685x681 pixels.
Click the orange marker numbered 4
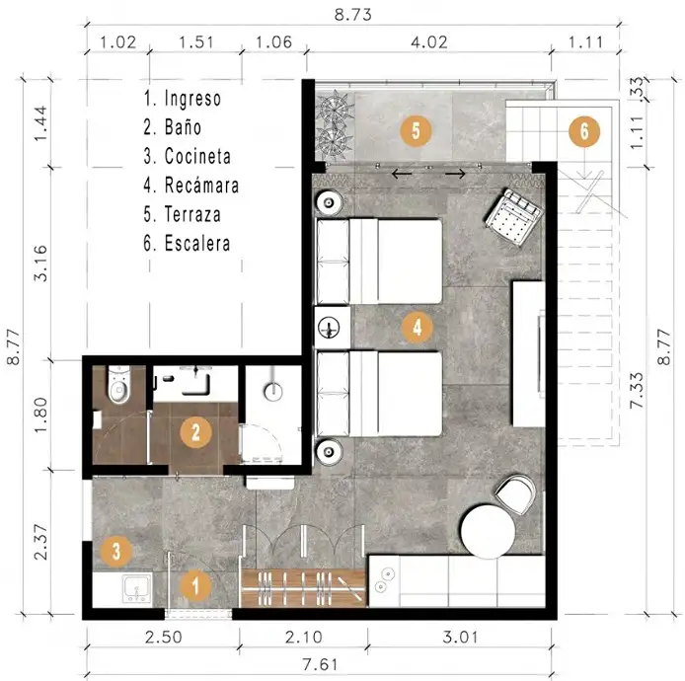coord(418,327)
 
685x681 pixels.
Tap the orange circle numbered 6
coord(584,131)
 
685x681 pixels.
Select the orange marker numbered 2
coord(195,432)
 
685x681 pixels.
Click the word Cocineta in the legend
coord(197,156)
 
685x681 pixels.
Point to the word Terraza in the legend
coord(192,214)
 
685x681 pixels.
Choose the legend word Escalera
coord(197,244)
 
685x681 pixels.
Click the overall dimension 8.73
coord(353,15)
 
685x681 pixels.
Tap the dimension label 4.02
coord(429,42)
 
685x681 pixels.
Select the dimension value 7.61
coord(320,664)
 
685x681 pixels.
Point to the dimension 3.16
coord(40,263)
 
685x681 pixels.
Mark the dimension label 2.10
coord(304,637)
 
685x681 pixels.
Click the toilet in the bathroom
coord(118,384)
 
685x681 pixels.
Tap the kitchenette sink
coord(137,588)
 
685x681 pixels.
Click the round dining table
coord(489,532)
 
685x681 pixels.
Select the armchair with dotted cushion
coord(513,216)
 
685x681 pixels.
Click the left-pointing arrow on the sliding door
coord(402,175)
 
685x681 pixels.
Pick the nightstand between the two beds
coord(333,328)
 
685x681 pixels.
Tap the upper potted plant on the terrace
coord(335,106)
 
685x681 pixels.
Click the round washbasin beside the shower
coord(273,392)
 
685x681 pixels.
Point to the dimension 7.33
coord(637,390)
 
